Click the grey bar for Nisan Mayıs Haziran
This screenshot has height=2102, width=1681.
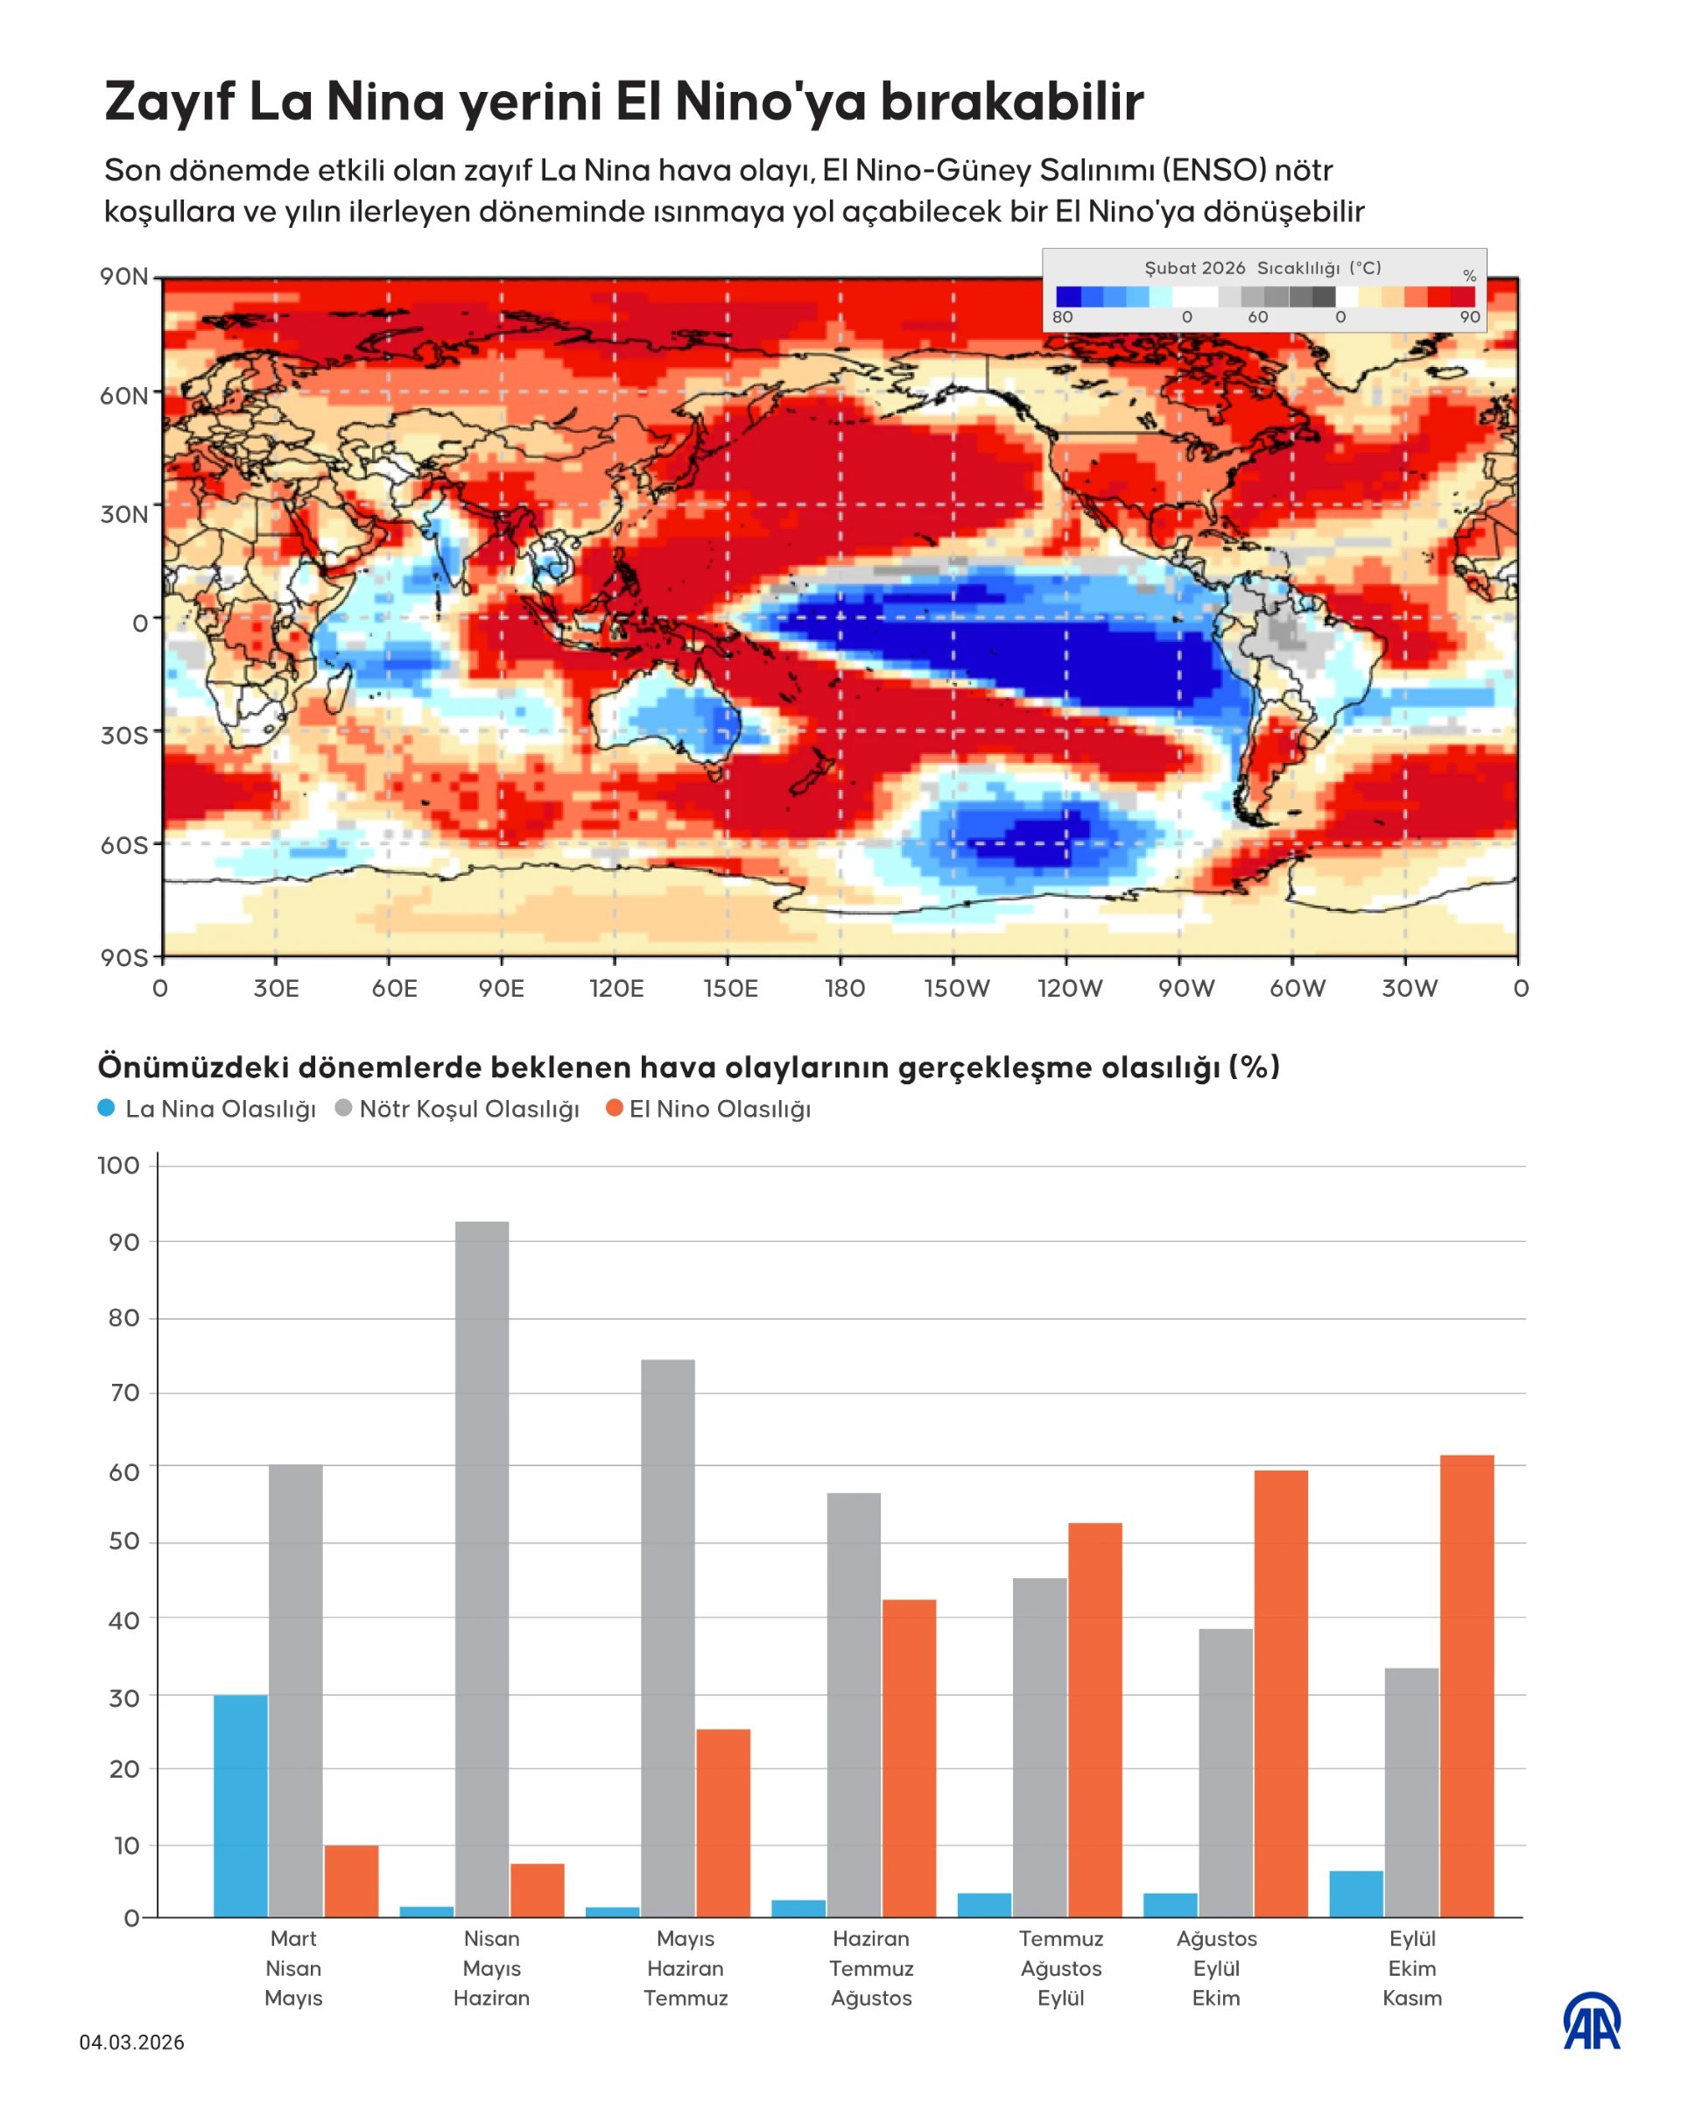coord(482,1569)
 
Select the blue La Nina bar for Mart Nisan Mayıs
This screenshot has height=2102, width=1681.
coord(240,1806)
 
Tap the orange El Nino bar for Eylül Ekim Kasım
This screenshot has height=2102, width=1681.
coord(1466,1687)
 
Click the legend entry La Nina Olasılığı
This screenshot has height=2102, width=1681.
coord(207,1109)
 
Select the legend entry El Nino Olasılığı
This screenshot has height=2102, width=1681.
coord(708,1109)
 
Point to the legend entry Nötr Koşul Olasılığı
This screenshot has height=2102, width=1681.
coord(457,1109)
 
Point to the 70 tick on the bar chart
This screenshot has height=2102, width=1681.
coord(123,1393)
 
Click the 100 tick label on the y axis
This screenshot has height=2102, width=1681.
coord(119,1165)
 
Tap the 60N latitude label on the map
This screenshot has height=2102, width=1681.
coord(123,396)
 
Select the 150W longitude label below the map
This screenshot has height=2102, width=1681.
coord(956,989)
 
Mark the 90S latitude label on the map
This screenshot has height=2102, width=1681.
coord(123,957)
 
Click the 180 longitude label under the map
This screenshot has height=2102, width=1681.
coord(844,989)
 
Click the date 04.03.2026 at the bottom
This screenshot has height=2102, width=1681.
coord(131,2042)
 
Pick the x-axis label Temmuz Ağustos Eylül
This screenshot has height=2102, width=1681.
coord(1060,1967)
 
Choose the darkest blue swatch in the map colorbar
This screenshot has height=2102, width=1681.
coord(1068,296)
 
